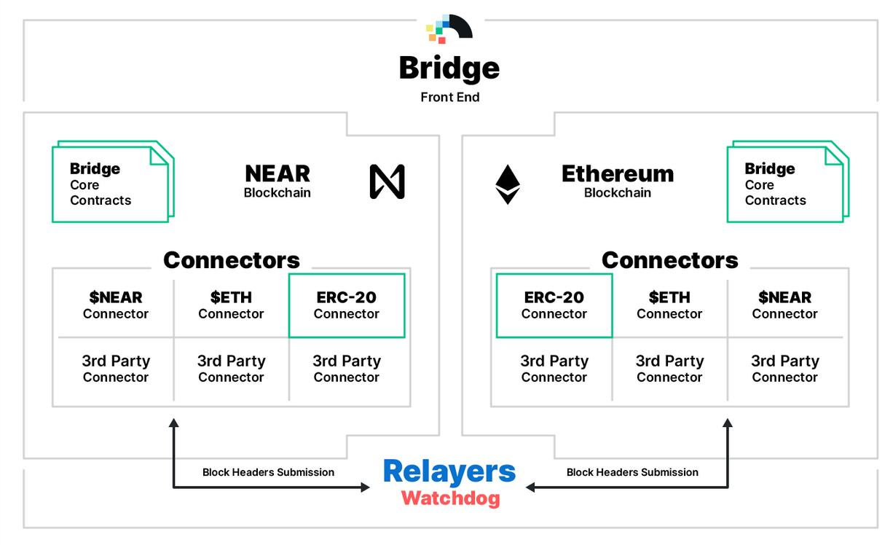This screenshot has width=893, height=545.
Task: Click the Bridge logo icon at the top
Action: pos(449,28)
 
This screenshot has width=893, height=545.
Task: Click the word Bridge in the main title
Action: pos(449,68)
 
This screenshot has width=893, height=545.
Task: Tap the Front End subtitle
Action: pos(449,97)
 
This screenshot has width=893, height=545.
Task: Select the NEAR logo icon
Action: pos(387,181)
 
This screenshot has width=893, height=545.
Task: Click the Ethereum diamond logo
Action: pos(508,184)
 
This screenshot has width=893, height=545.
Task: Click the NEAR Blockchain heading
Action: pos(278,181)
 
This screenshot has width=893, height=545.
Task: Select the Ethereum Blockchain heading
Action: pos(618,181)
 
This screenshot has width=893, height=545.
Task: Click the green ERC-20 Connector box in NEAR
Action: pos(347,305)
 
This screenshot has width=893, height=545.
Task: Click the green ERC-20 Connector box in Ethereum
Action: pos(554,305)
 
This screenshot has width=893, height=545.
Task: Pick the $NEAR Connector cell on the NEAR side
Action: pos(116,305)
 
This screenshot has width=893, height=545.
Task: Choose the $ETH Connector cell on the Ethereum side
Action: pos(669,305)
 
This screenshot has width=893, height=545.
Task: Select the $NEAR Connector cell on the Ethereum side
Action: pos(784,305)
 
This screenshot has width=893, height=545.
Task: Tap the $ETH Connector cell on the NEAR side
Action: pos(231,305)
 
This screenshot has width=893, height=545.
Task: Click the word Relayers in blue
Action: pos(449,471)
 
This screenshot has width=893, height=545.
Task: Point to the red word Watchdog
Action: pos(450,499)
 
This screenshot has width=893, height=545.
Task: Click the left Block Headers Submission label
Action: pos(268,472)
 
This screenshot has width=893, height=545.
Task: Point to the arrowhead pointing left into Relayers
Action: pos(530,487)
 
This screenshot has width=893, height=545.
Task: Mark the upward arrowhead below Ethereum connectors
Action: pos(727,423)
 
